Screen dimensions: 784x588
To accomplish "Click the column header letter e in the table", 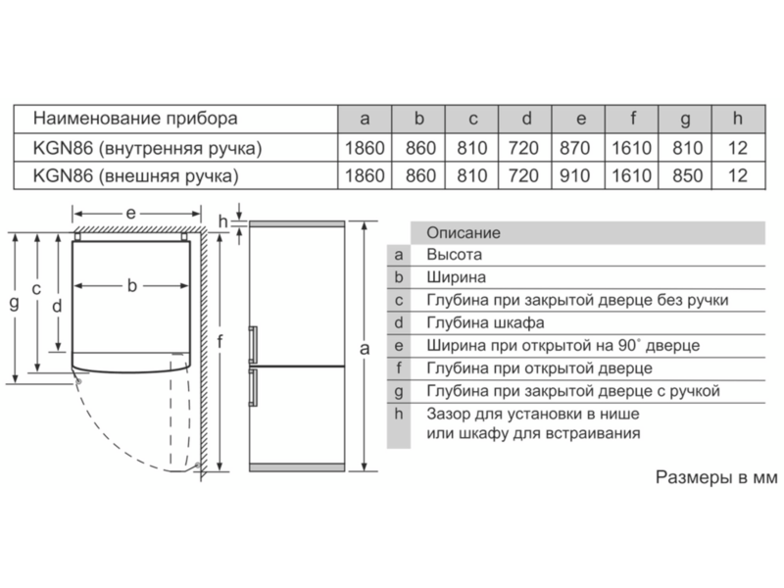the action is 580,119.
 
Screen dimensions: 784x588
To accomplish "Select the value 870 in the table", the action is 575,148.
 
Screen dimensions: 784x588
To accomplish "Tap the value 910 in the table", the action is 575,175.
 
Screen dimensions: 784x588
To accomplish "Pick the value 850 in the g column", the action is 688,175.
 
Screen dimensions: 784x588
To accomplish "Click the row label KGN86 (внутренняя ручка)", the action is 148,149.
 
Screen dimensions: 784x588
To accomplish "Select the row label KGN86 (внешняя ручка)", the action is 136,176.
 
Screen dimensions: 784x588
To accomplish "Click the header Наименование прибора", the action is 135,119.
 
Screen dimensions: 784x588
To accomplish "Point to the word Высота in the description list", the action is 454,255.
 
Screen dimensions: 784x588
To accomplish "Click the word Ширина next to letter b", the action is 456,277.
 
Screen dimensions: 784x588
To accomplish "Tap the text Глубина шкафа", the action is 485,322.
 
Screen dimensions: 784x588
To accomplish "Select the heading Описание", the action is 463,232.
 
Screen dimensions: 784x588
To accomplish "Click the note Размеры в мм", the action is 716,477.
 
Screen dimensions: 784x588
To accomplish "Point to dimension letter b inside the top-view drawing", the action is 131,285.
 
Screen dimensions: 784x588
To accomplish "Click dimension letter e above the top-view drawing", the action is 130,214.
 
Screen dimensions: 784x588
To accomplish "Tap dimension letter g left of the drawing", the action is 15,303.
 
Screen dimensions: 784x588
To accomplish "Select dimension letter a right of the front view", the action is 365,348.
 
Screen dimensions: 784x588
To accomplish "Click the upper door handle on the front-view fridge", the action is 254,344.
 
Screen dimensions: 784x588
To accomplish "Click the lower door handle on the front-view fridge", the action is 254,387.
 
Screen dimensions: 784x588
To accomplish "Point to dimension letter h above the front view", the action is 223,221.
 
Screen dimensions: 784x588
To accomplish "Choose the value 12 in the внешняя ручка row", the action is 738,175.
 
